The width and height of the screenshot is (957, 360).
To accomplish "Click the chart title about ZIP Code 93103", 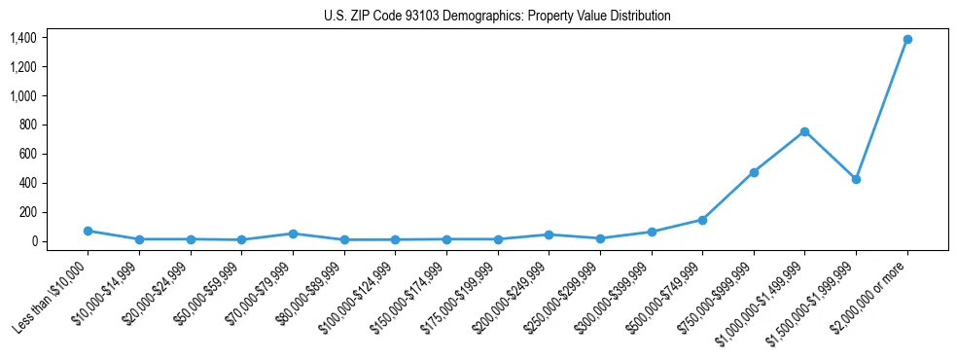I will point(497,17).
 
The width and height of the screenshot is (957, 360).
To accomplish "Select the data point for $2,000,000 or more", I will point(907,39).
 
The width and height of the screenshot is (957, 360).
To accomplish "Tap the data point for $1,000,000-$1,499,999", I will point(804,131).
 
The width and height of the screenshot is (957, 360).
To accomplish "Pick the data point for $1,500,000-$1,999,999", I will point(856,179).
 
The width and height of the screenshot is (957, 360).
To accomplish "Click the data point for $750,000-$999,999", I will point(754,172).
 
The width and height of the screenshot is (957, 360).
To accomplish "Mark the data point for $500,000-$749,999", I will point(702,220).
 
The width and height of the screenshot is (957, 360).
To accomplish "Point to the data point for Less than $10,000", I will point(88,231).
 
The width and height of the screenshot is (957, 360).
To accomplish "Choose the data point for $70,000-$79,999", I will point(293,234).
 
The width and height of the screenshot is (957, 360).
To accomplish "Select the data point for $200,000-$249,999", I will point(549,234).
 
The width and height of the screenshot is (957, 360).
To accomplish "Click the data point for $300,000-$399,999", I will point(652,232).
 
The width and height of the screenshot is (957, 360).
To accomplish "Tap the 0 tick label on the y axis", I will point(34,241).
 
